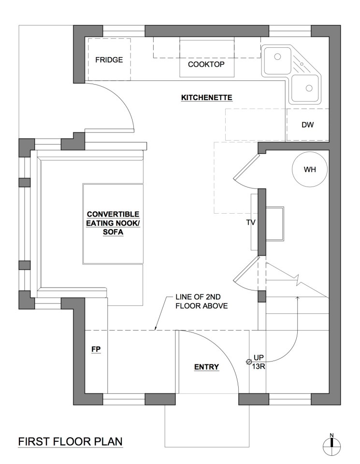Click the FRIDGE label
[109, 60]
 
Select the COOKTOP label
[206, 64]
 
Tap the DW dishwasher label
[308, 125]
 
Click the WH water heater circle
[309, 170]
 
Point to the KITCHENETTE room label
[207, 98]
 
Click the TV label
[251, 223]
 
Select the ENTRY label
[206, 367]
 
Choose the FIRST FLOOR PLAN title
[70, 441]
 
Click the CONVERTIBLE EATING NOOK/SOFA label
[113, 223]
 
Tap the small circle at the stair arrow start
[249, 362]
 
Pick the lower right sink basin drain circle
[308, 88]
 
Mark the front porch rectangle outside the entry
[207, 425]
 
